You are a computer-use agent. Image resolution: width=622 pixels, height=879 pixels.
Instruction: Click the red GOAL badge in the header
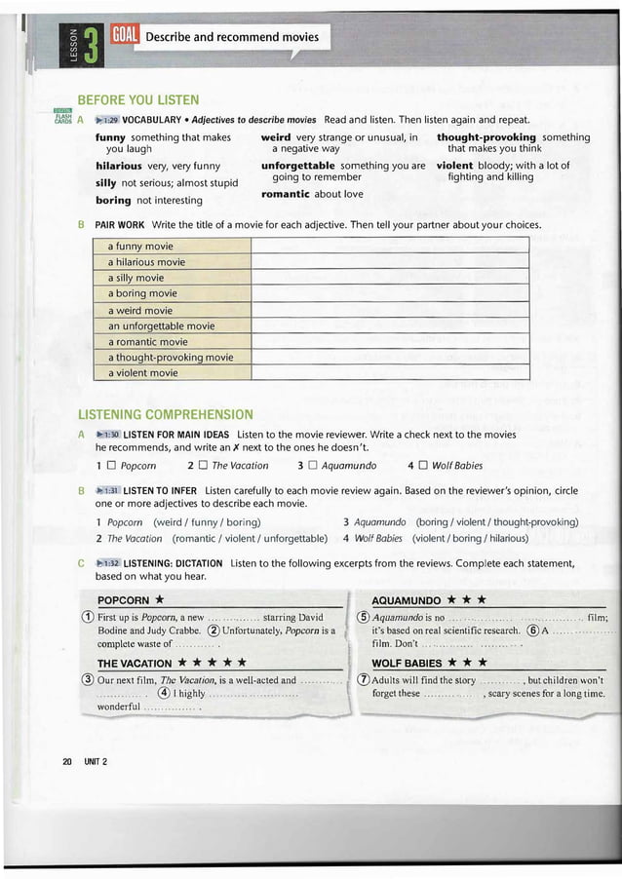tap(127, 37)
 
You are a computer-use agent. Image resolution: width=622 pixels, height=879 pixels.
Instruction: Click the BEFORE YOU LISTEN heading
tap(137, 99)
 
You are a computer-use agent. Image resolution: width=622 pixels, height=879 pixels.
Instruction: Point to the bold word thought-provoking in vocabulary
tap(486, 137)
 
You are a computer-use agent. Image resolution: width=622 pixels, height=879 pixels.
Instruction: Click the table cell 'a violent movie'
tap(142, 372)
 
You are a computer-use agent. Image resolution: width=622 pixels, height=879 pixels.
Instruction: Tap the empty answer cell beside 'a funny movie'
tap(389, 247)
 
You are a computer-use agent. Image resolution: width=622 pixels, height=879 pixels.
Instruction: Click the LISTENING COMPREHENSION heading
tap(165, 414)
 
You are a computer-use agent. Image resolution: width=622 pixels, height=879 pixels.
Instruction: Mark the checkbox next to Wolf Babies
tap(421, 466)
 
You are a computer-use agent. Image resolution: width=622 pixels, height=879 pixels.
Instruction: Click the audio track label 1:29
tap(107, 119)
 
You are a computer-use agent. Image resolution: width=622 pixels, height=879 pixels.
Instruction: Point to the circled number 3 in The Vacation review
tap(87, 680)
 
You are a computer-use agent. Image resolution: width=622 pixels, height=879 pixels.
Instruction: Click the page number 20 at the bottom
tap(67, 760)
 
